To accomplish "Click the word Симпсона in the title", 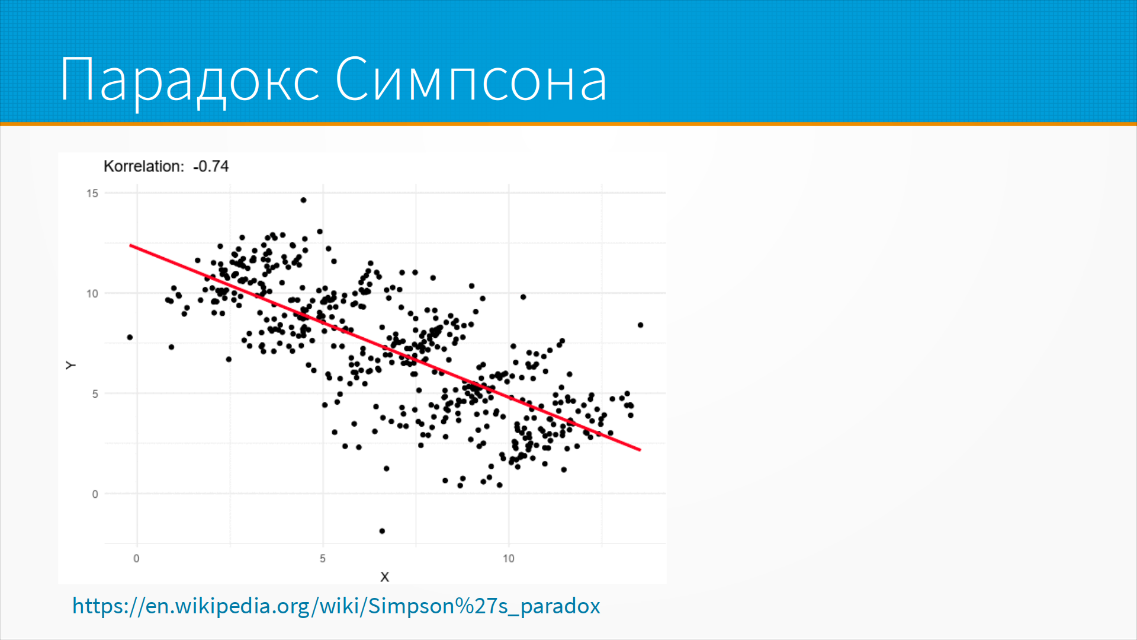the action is tap(471, 79).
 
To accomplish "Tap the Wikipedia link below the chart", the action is tap(336, 606).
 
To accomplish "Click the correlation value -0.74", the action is tap(211, 167).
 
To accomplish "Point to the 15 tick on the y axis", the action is tap(92, 193).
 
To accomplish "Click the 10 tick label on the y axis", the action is tap(92, 293).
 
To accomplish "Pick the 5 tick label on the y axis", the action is tap(95, 393).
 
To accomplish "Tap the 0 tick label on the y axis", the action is tap(95, 494).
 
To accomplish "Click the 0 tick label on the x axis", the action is tap(137, 558).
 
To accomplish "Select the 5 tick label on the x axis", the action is tap(323, 558).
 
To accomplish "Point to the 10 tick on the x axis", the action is tap(509, 558).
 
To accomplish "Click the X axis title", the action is tap(385, 577).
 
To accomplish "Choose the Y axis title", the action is tap(71, 366).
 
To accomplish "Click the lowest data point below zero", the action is tap(382, 531).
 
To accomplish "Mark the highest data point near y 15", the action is tap(303, 200).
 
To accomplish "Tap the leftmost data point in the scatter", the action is tap(130, 338).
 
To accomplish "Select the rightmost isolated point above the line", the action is tap(640, 325).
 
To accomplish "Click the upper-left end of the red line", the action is tap(130, 245).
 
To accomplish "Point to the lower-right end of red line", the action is tap(640, 450).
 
